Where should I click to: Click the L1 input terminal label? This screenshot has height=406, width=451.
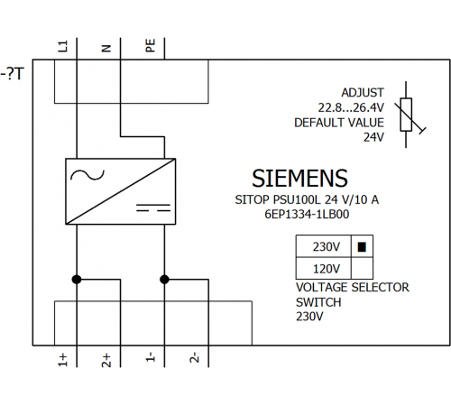pyautogui.click(x=63, y=46)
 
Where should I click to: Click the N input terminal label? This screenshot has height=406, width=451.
pyautogui.click(x=106, y=48)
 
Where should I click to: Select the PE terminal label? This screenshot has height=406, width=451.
pyautogui.click(x=151, y=45)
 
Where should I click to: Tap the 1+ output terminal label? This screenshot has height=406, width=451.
pyautogui.click(x=62, y=360)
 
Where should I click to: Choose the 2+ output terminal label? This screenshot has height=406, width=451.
pyautogui.click(x=106, y=360)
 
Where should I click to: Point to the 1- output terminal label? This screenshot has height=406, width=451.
pyautogui.click(x=151, y=356)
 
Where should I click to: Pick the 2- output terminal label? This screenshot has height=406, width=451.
pyautogui.click(x=194, y=357)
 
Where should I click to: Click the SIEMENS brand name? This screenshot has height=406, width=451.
pyautogui.click(x=299, y=179)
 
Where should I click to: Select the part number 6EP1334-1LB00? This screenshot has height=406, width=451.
pyautogui.click(x=307, y=215)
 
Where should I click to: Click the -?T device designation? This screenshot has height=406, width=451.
pyautogui.click(x=13, y=74)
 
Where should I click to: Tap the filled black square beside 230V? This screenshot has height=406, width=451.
pyautogui.click(x=362, y=247)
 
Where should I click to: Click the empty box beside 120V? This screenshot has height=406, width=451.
pyautogui.click(x=362, y=268)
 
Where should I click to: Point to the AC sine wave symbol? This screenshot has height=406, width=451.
pyautogui.click(x=87, y=175)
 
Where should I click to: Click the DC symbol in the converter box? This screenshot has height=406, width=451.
pyautogui.click(x=153, y=208)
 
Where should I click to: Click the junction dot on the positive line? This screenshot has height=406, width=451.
pyautogui.click(x=77, y=280)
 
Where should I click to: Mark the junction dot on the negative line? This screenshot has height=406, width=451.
pyautogui.click(x=164, y=280)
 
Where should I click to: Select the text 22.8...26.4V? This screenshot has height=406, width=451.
pyautogui.click(x=351, y=107)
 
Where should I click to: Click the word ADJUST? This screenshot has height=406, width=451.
pyautogui.click(x=363, y=93)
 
